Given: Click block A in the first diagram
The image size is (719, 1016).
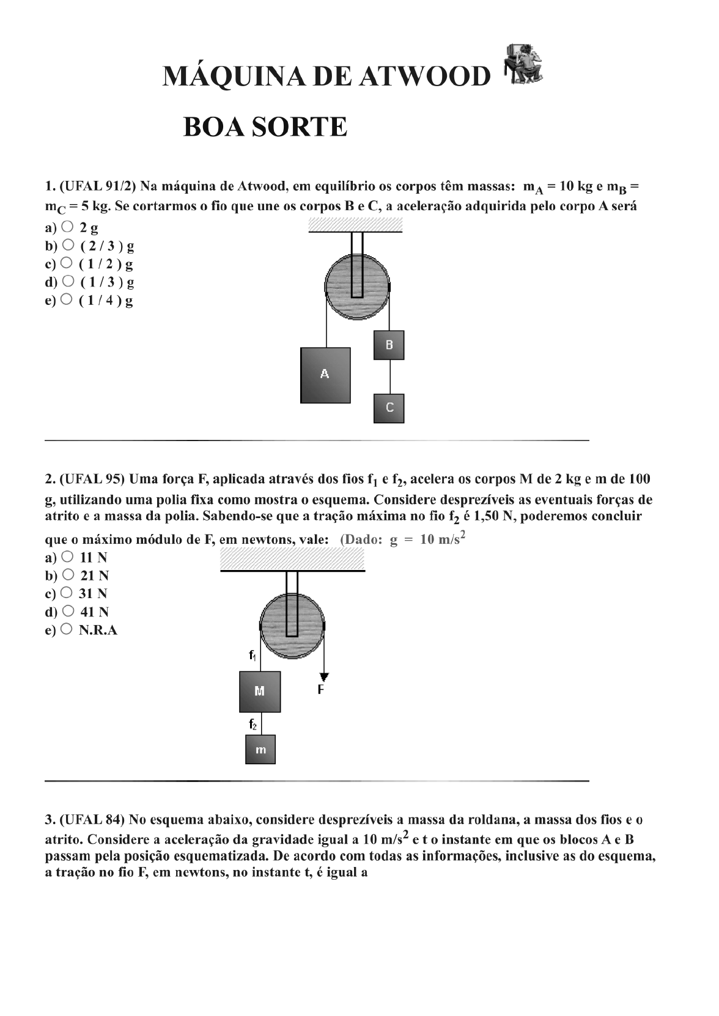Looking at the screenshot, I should [325, 375].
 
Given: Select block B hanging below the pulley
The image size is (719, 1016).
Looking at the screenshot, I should [389, 345].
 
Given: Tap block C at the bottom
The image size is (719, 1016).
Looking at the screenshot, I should [389, 408].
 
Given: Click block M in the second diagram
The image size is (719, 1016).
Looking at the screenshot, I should [260, 692].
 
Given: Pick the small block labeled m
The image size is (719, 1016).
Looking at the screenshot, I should [260, 750].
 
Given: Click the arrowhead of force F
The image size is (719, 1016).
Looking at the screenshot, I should [324, 676].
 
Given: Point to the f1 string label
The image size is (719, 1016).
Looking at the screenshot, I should [253, 656].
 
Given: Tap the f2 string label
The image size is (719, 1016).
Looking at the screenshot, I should [253, 725].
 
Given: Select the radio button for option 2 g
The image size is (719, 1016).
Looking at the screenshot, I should [67, 227].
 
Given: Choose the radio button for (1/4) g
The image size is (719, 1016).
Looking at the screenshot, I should [67, 299].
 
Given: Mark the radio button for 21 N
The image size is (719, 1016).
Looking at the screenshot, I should [68, 574].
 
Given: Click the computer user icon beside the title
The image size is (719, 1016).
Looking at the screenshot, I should [521, 64].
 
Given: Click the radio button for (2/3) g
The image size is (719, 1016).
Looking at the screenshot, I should [67, 245].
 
